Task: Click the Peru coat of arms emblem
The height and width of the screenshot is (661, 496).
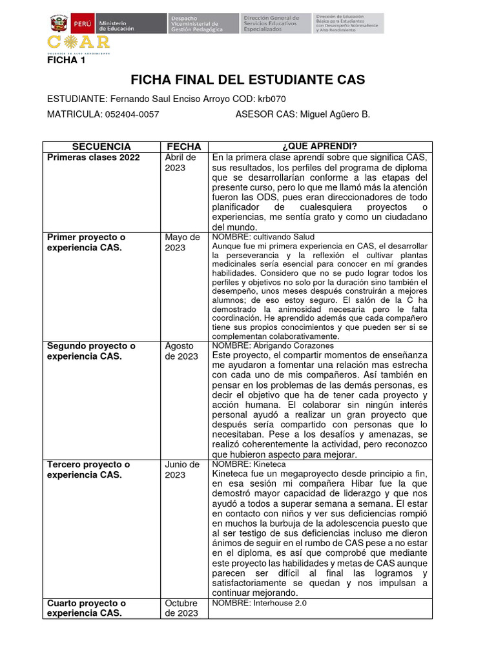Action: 59,24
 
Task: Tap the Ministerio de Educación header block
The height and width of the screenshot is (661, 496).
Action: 116,24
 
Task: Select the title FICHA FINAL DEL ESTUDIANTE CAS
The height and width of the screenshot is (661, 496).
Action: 247,79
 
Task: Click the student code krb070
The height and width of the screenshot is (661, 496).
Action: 271,99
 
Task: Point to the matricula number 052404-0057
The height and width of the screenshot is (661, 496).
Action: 131,114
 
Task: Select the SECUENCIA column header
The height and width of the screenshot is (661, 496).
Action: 101,147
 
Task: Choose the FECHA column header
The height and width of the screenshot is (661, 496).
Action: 184,147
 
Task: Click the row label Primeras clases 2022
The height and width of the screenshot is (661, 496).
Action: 93,158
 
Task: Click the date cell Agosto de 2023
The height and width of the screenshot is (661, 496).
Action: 181,351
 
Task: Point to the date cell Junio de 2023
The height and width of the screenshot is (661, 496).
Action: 181,469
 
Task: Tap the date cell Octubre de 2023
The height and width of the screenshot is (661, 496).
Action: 181,608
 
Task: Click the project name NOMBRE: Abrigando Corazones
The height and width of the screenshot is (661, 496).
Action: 273,345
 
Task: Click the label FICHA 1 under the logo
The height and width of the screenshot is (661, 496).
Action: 67,61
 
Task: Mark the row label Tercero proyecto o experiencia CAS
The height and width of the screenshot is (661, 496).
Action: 88,469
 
